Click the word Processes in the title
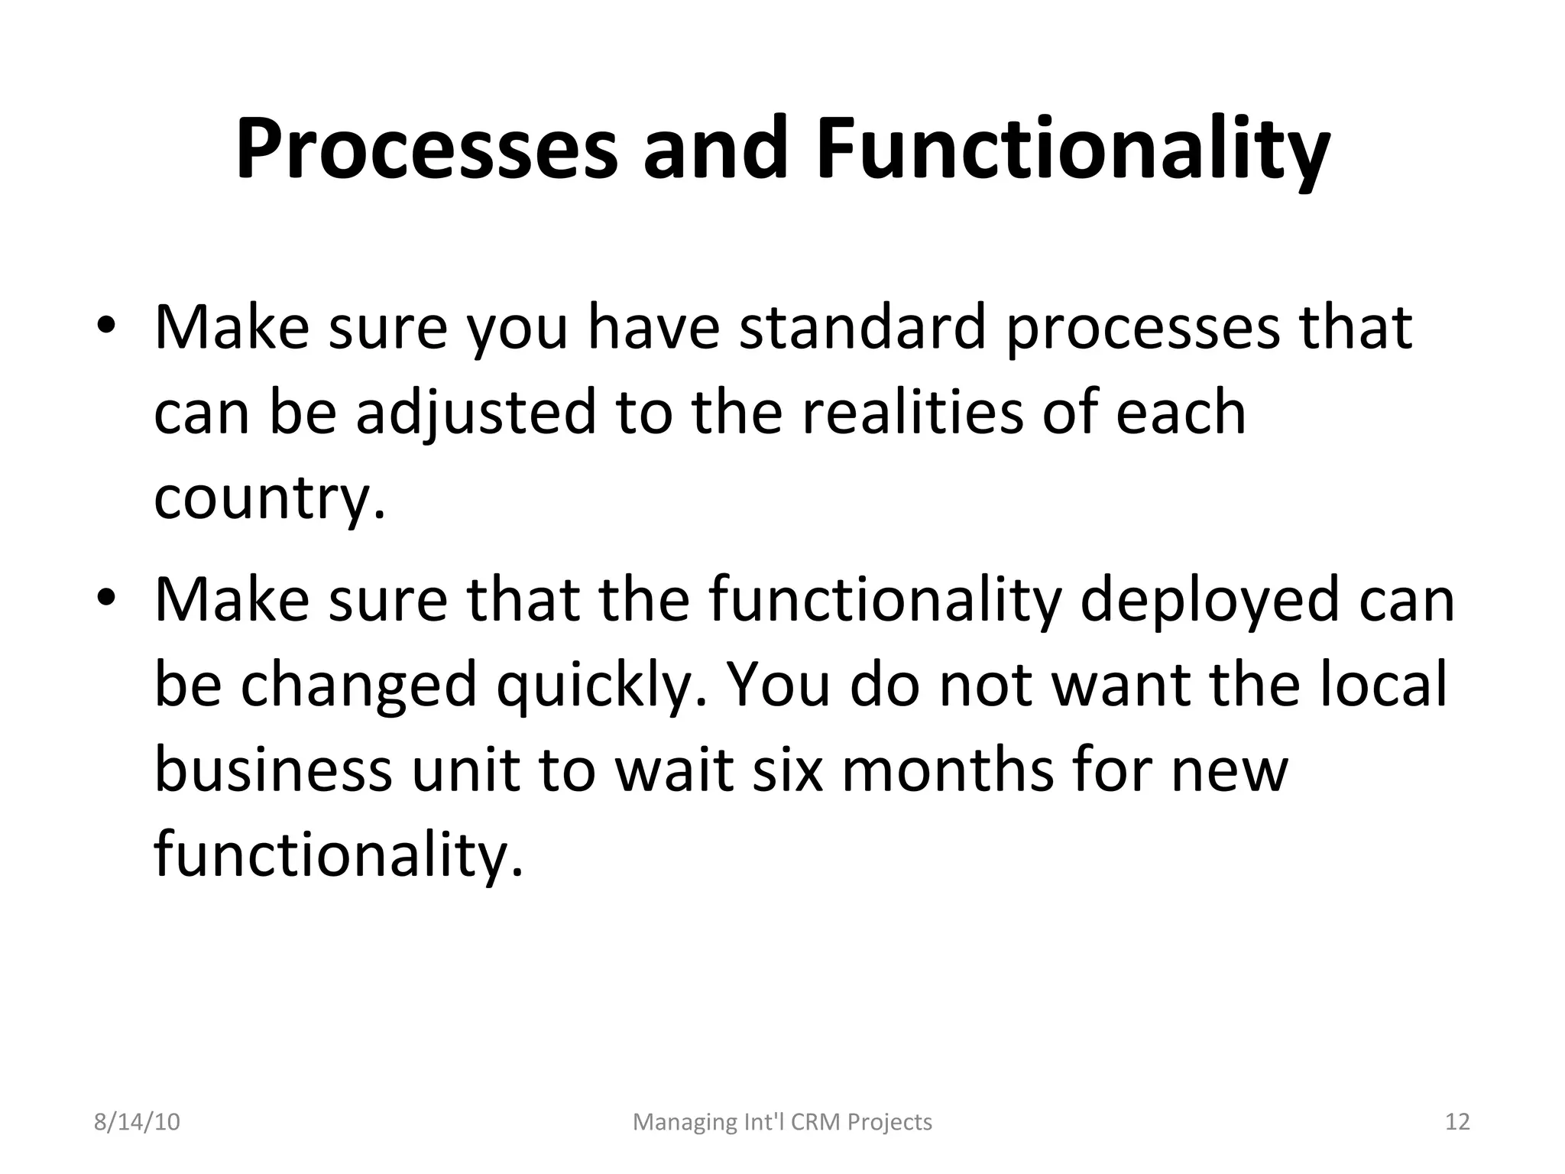tap(426, 150)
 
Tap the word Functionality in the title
tap(1073, 150)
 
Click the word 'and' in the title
tap(714, 150)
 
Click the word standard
tap(862, 327)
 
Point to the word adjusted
tap(475, 413)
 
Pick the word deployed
tap(1209, 599)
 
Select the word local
tap(1383, 683)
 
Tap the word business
tap(273, 770)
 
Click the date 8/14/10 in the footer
tap(137, 1122)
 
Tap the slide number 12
tap(1457, 1122)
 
